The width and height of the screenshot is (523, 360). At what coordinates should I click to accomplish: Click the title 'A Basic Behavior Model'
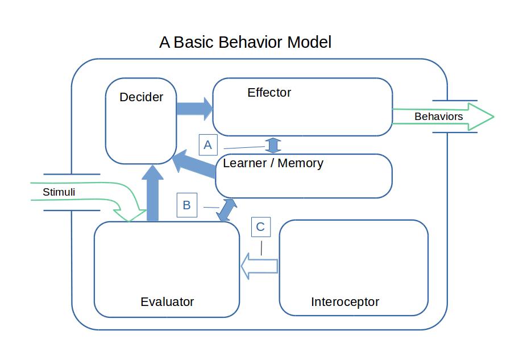pyautogui.click(x=245, y=42)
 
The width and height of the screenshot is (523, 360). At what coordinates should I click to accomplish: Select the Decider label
pyautogui.click(x=141, y=97)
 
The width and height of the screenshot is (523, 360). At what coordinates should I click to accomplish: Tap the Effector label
pyautogui.click(x=269, y=93)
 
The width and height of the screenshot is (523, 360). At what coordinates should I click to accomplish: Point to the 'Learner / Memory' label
pyautogui.click(x=273, y=163)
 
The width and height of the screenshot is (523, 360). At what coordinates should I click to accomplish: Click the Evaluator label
pyautogui.click(x=167, y=302)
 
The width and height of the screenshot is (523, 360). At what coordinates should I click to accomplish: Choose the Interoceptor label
pyautogui.click(x=344, y=302)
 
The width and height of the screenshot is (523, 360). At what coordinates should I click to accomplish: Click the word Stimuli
pyautogui.click(x=59, y=192)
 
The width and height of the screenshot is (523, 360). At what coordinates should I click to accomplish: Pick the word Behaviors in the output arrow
pyautogui.click(x=438, y=117)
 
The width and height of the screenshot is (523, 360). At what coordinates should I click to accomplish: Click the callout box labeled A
pyautogui.click(x=207, y=145)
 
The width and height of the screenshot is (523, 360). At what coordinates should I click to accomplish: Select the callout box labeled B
pyautogui.click(x=186, y=205)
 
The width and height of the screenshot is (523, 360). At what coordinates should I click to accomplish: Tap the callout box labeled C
pyautogui.click(x=260, y=227)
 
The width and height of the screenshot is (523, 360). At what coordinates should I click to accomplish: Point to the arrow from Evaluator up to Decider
pyautogui.click(x=152, y=193)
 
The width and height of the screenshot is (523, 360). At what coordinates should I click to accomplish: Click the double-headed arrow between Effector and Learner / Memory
pyautogui.click(x=273, y=145)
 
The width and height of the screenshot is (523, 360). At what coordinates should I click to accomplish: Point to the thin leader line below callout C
pyautogui.click(x=261, y=248)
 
